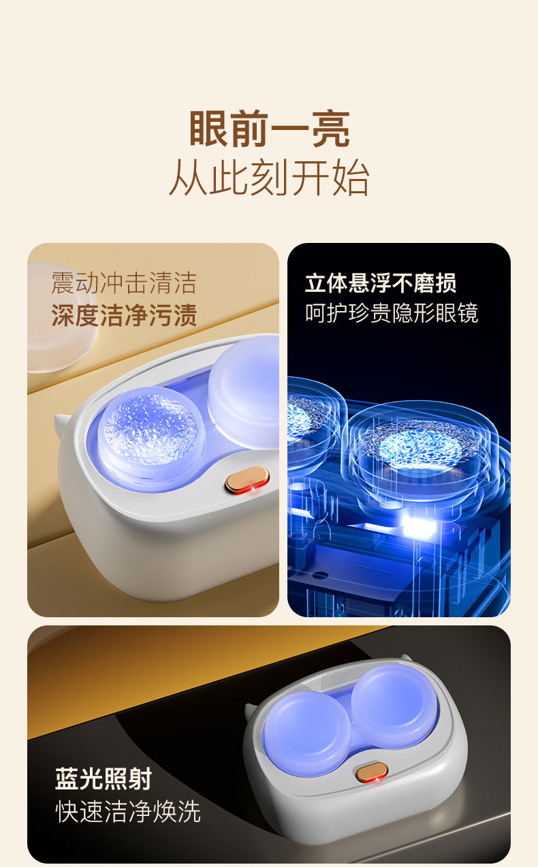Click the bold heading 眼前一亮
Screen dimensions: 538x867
pyautogui.click(x=270, y=129)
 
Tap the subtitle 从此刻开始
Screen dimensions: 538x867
pyautogui.click(x=269, y=177)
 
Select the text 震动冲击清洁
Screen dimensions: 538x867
pyautogui.click(x=124, y=283)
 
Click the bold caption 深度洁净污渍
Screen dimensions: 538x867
pyautogui.click(x=124, y=315)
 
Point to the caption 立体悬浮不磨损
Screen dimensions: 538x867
pyautogui.click(x=381, y=283)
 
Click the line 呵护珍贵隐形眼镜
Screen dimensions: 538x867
pyautogui.click(x=392, y=313)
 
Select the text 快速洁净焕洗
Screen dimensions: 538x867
pyautogui.click(x=128, y=811)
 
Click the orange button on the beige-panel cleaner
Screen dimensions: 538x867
pyautogui.click(x=247, y=480)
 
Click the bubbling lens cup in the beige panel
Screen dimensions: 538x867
pyautogui.click(x=151, y=438)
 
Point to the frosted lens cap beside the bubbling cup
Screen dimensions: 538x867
pyautogui.click(x=244, y=392)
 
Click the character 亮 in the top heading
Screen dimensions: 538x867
pyautogui.click(x=331, y=129)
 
